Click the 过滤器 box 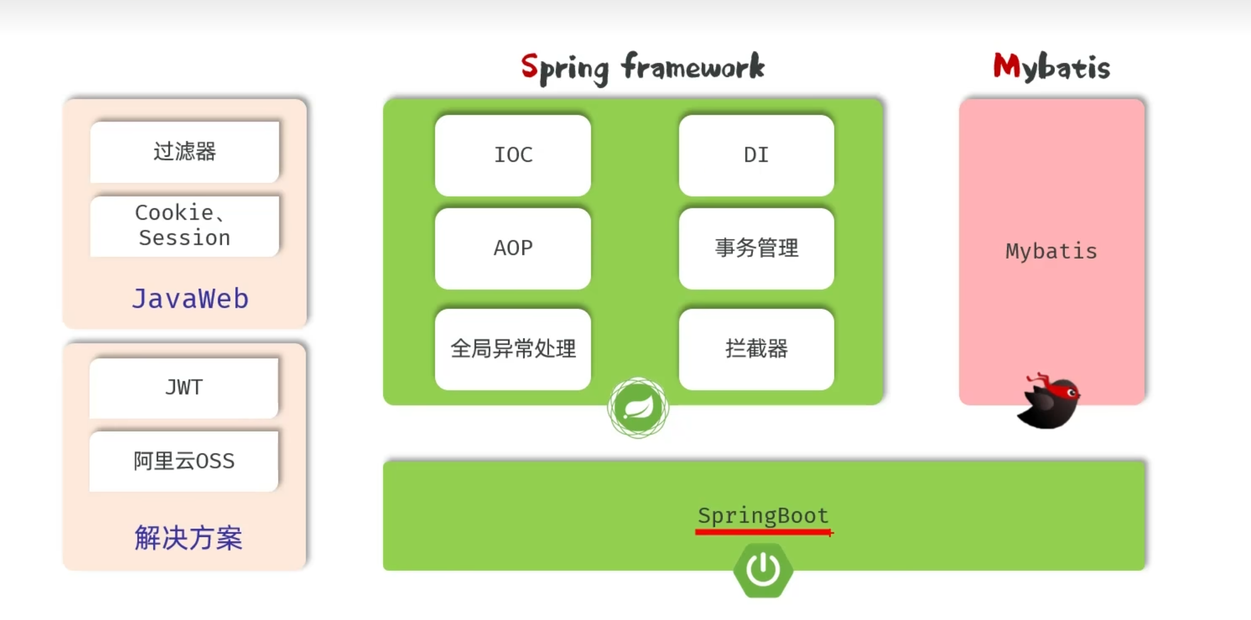pyautogui.click(x=184, y=152)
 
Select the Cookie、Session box pyautogui.click(x=184, y=225)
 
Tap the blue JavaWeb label pyautogui.click(x=190, y=298)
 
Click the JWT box pyautogui.click(x=184, y=387)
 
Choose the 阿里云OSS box pyautogui.click(x=184, y=461)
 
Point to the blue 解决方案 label pyautogui.click(x=188, y=538)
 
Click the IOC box pyautogui.click(x=513, y=155)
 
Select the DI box pyautogui.click(x=756, y=155)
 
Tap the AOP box pyautogui.click(x=513, y=248)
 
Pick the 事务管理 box pyautogui.click(x=756, y=248)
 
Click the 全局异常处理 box pyautogui.click(x=513, y=349)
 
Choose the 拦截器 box pyautogui.click(x=756, y=349)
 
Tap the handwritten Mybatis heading pyautogui.click(x=1051, y=67)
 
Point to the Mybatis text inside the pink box pyautogui.click(x=1051, y=251)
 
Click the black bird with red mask pyautogui.click(x=1049, y=402)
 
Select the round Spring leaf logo pyautogui.click(x=638, y=408)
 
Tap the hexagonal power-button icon pyautogui.click(x=763, y=570)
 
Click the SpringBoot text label pyautogui.click(x=763, y=516)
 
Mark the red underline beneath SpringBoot pyautogui.click(x=763, y=533)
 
